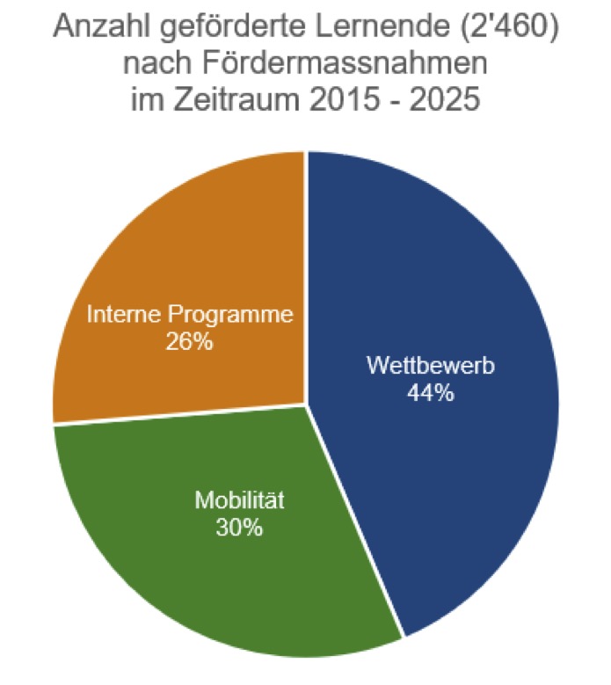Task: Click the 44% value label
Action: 430,392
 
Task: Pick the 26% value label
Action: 189,341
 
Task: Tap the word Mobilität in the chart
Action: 240,503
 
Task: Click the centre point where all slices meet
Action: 306,404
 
